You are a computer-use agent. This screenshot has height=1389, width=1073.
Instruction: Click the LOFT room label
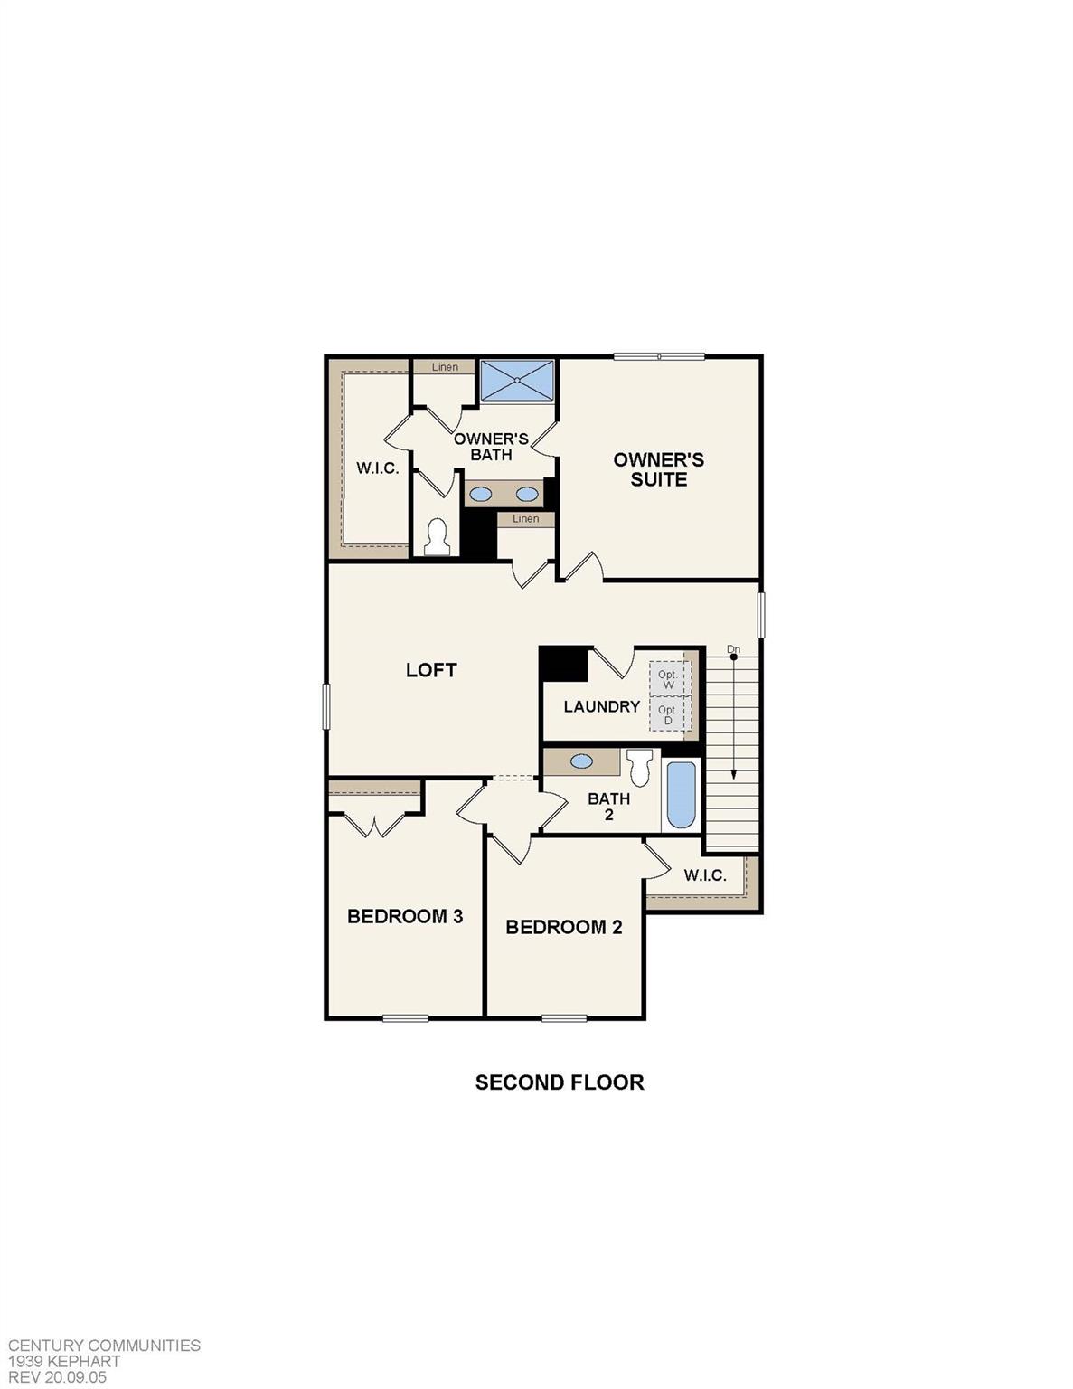tap(431, 670)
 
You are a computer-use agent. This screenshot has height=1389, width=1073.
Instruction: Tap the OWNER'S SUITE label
tap(658, 469)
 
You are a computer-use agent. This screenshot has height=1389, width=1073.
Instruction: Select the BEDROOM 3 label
tap(405, 917)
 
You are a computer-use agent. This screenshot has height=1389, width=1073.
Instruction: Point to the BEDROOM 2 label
tap(564, 927)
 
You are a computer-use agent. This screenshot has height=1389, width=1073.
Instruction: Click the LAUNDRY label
tap(601, 706)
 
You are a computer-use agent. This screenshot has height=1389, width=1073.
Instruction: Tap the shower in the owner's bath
tap(516, 380)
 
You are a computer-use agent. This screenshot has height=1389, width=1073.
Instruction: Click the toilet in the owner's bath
tap(438, 537)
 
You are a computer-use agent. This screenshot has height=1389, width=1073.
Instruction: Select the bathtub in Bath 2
tap(681, 795)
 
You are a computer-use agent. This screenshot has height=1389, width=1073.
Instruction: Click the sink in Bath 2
tap(581, 761)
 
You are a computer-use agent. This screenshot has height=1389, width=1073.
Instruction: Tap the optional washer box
tap(669, 678)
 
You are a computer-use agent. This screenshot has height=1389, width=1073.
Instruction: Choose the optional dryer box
tap(669, 714)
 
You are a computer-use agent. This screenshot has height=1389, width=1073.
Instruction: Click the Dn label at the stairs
tap(733, 649)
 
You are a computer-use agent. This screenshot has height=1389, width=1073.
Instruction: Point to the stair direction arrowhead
tap(733, 774)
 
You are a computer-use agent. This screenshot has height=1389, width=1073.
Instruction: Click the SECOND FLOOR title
tap(560, 1082)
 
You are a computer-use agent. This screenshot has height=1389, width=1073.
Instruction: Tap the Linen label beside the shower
tap(445, 367)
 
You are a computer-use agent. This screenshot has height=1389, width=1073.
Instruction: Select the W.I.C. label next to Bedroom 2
tap(705, 875)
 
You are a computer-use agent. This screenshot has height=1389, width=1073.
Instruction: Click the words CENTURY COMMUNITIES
tap(104, 1346)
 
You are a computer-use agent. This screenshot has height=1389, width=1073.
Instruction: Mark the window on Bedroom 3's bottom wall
tap(405, 1018)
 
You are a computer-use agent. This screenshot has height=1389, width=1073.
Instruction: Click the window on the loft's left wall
tap(326, 706)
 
